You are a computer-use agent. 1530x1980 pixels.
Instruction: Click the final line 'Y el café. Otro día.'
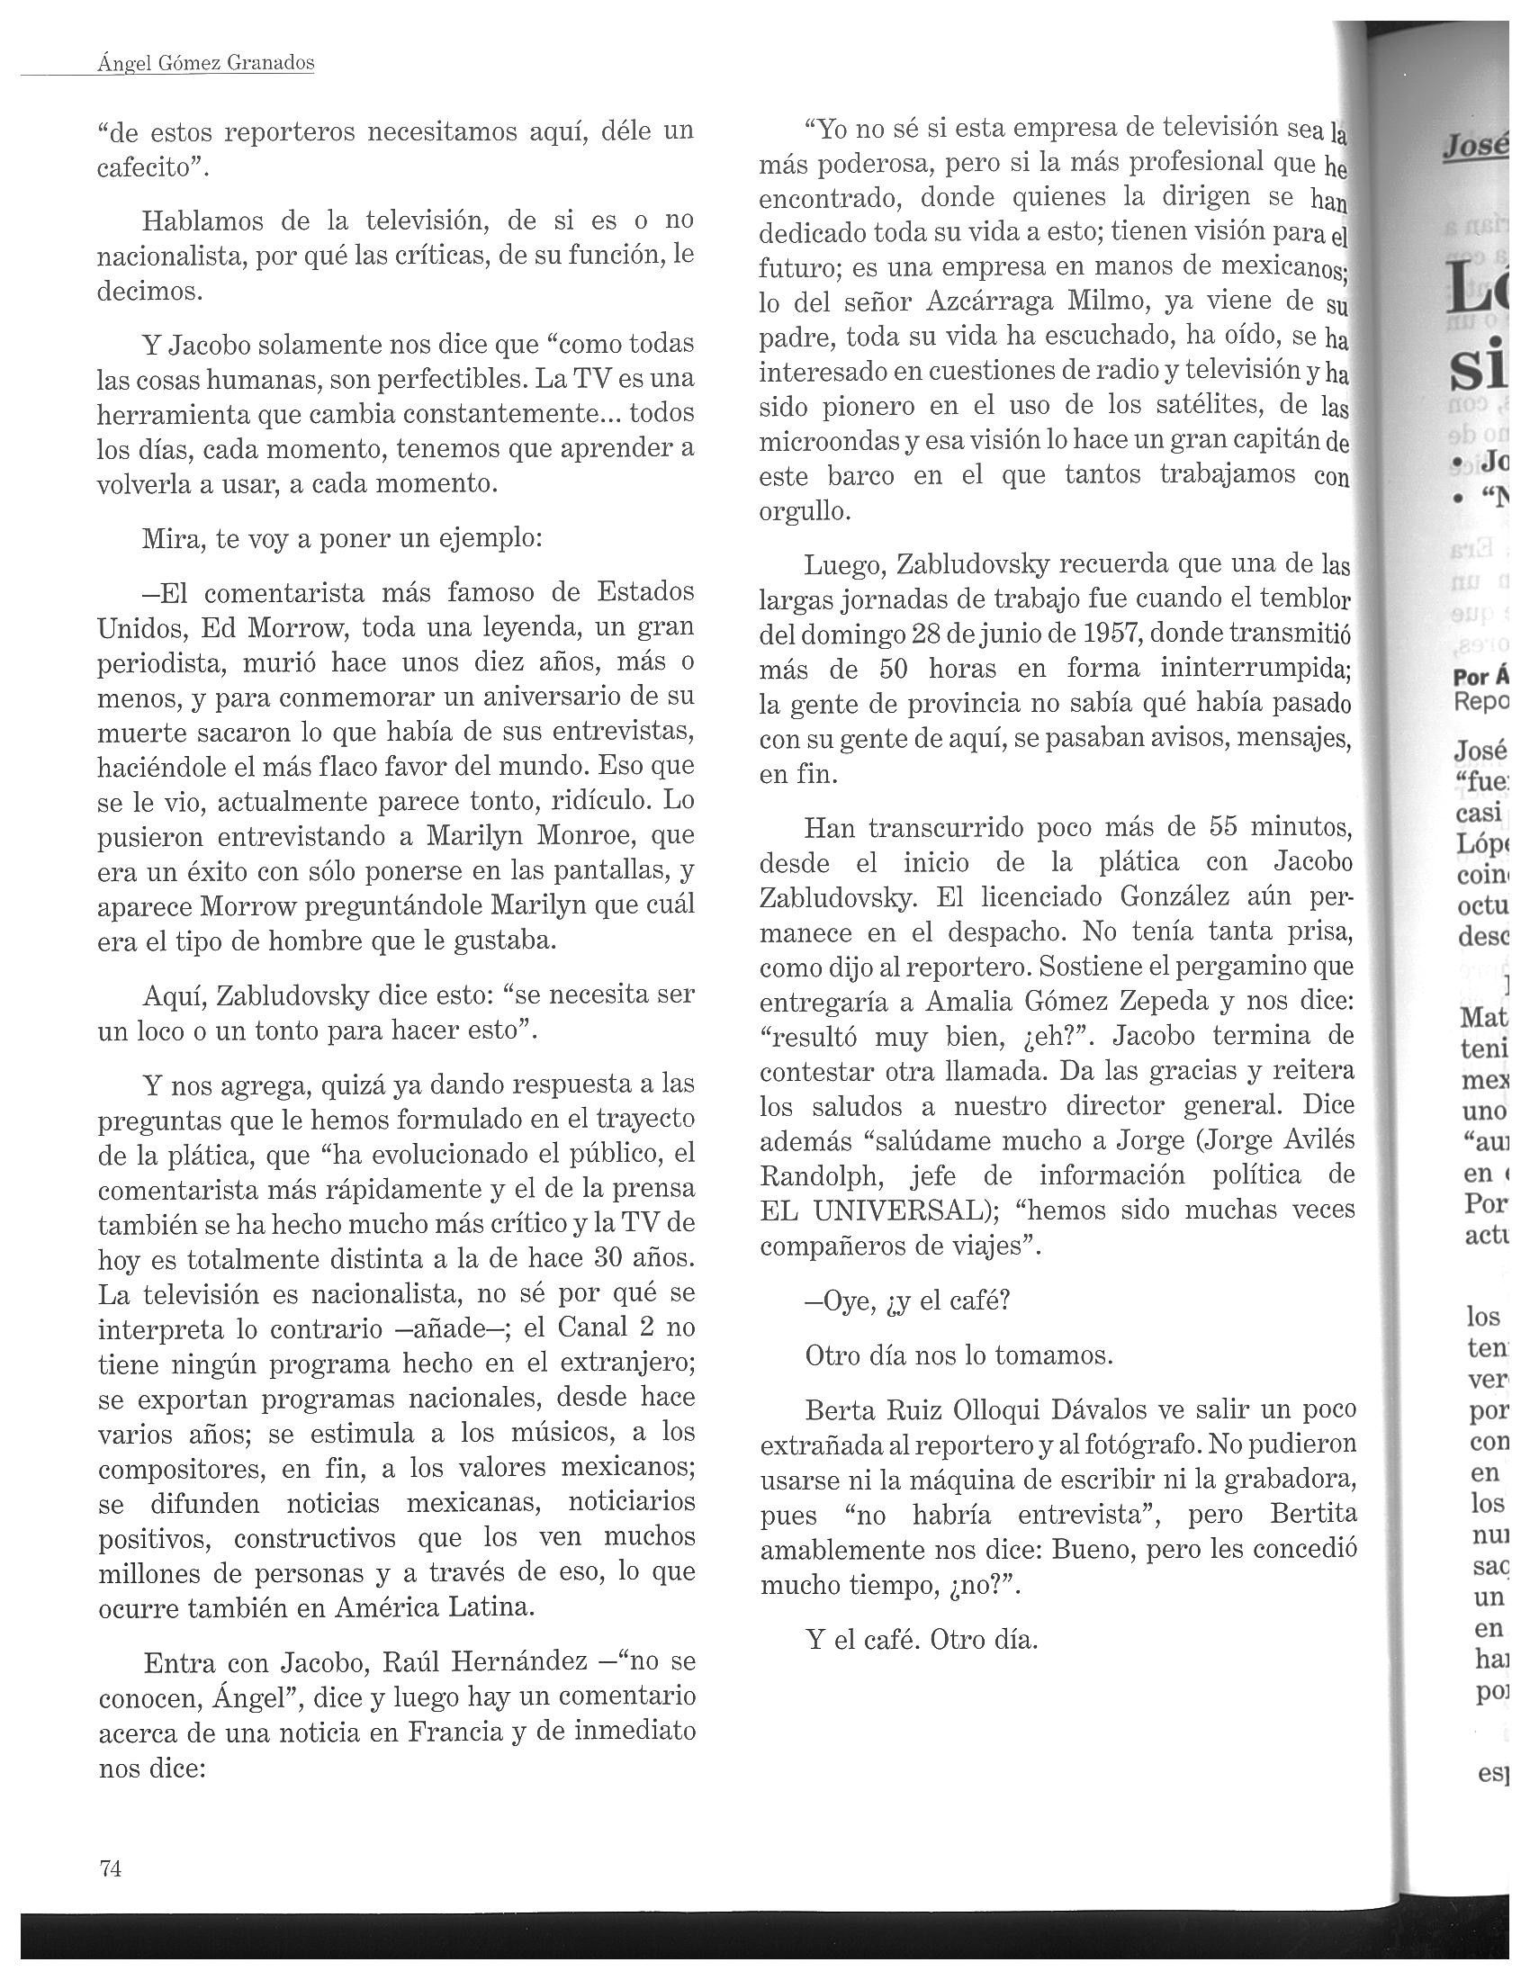coord(920,1640)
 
